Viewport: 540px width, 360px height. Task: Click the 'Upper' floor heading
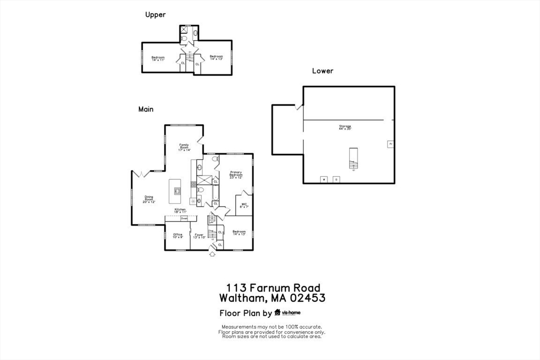point(156,15)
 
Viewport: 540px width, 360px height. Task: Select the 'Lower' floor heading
point(323,71)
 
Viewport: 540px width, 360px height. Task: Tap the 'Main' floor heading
point(146,109)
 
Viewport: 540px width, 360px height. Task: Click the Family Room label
point(184,148)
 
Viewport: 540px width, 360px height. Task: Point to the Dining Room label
point(149,199)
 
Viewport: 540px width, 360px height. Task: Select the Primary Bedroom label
point(235,174)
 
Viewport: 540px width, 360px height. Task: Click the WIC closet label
point(244,206)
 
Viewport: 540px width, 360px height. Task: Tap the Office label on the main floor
point(178,236)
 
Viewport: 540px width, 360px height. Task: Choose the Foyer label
point(199,236)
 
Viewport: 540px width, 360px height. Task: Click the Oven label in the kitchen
point(184,218)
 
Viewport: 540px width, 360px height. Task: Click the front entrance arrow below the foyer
point(213,255)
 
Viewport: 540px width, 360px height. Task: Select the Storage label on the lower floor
point(345,127)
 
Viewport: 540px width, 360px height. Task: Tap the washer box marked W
point(324,179)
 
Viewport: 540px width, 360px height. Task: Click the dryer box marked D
point(336,179)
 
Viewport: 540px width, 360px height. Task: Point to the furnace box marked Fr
point(391,144)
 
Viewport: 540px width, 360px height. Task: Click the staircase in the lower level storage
point(353,158)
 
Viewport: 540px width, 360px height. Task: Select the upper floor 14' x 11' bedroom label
point(158,59)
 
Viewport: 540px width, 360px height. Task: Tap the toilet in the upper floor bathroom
point(195,33)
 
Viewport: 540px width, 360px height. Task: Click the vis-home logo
point(287,313)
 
